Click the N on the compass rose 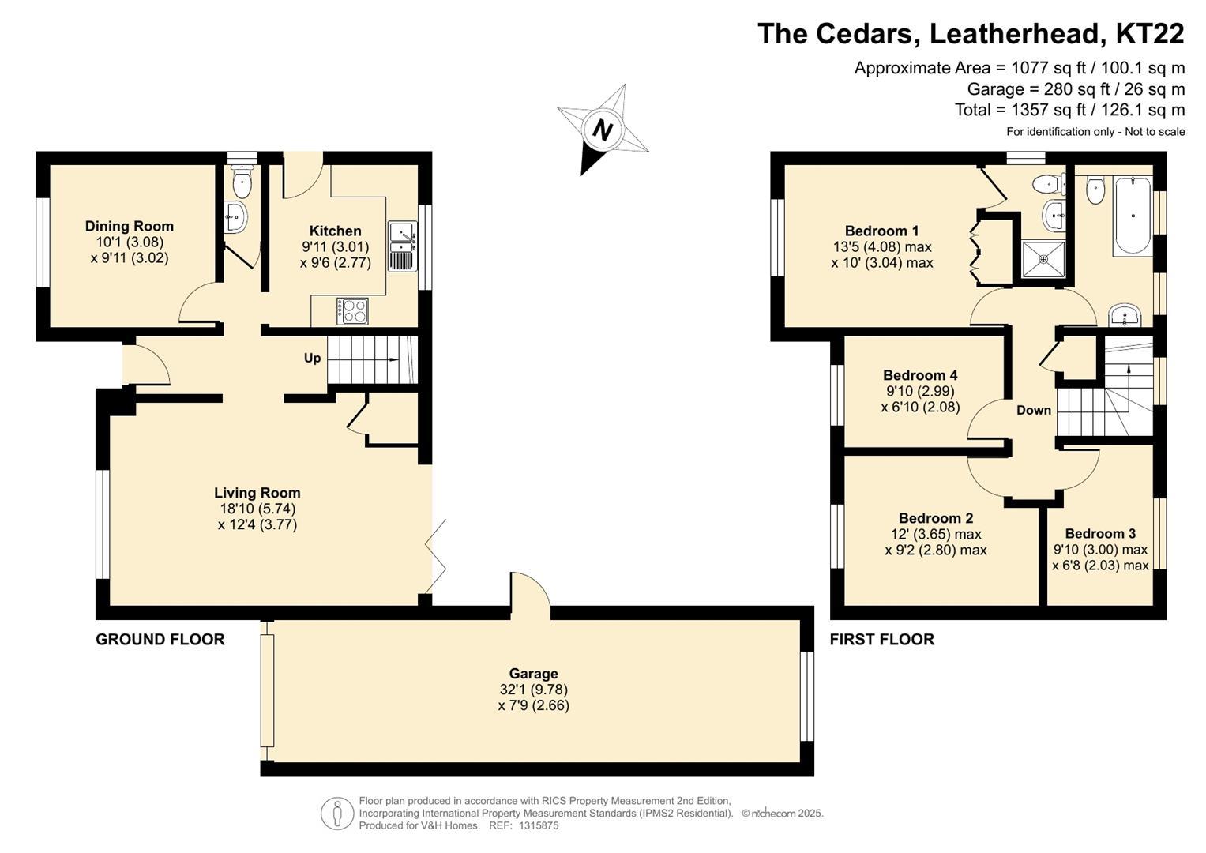click(x=603, y=130)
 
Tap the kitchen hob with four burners click(x=353, y=311)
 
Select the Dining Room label click(x=130, y=226)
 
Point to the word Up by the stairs click(x=312, y=358)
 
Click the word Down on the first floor click(x=1034, y=411)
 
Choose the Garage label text click(x=534, y=673)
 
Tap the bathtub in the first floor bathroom click(x=1133, y=216)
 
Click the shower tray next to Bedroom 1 click(x=1043, y=260)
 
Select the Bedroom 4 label click(x=920, y=375)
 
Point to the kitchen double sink click(x=402, y=246)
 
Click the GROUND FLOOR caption click(x=160, y=639)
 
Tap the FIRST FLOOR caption click(x=882, y=639)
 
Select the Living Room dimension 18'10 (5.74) click(x=257, y=509)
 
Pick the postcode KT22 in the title click(x=1149, y=33)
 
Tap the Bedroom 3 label click(x=1100, y=533)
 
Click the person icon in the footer click(x=337, y=814)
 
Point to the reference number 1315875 click(x=539, y=825)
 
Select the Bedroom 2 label click(x=936, y=518)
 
